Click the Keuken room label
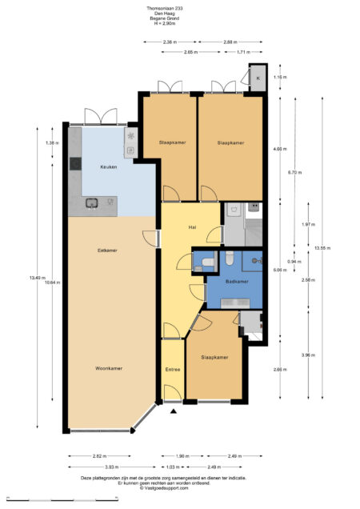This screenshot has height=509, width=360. [98, 167]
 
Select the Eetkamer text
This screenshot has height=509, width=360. [108, 250]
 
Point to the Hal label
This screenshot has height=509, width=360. [192, 228]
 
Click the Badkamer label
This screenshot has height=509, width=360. [237, 282]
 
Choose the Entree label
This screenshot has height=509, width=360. [173, 370]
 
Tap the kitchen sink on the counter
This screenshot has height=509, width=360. [93, 203]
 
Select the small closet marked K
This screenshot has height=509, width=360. [258, 77]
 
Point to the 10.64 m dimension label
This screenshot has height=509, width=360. [51, 282]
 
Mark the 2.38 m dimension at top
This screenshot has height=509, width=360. [169, 41]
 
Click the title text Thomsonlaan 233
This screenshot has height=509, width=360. [180, 9]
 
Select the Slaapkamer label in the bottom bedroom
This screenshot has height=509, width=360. [214, 357]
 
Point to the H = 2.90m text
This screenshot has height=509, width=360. [180, 24]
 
